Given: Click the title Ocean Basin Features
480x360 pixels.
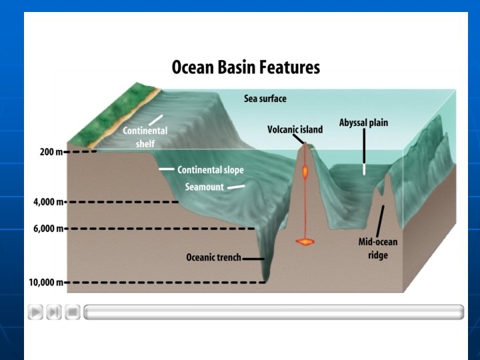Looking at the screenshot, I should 246,67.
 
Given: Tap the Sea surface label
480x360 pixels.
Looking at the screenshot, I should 265,99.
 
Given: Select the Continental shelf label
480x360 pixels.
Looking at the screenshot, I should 145,136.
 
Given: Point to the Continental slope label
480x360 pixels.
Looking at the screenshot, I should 210,170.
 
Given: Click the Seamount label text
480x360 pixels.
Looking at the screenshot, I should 205,187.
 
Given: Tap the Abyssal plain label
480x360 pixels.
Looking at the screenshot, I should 363,123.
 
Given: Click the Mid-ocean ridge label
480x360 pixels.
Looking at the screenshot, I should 373,248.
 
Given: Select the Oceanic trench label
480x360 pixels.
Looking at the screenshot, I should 213,257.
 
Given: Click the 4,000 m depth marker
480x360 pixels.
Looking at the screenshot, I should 47,202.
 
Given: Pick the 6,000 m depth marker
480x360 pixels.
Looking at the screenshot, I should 47,229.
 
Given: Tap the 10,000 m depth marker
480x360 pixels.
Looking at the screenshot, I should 45,282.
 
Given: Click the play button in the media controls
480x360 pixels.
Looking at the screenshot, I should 35,311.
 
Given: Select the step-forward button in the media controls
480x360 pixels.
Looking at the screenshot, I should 54,311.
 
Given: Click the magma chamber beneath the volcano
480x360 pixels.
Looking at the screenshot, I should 306,241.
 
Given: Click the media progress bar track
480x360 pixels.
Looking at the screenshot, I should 273,311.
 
